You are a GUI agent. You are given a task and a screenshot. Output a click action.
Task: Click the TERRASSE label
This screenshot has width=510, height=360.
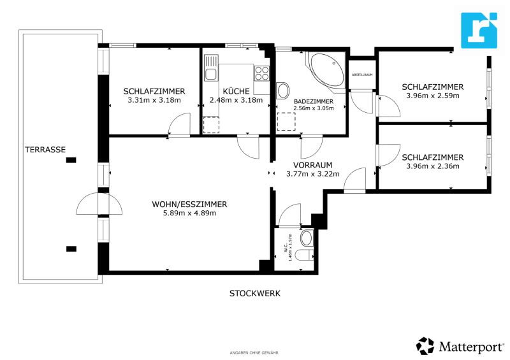coord(45,150)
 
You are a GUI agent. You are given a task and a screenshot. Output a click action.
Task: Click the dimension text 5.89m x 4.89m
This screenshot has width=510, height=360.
coord(189,213)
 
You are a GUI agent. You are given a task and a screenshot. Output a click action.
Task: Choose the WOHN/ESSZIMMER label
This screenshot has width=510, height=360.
coord(189,204)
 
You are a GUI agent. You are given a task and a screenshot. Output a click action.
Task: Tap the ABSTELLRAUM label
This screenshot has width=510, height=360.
coord(362,75)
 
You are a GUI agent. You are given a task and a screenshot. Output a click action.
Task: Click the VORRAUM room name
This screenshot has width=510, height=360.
coord(312,164)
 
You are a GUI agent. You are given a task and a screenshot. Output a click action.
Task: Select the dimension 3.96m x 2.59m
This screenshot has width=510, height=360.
coord(432,96)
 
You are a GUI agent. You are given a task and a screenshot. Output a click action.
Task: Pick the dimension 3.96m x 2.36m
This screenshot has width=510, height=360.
coord(432,166)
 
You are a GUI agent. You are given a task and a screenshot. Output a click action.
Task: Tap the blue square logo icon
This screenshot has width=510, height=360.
coord(479,30)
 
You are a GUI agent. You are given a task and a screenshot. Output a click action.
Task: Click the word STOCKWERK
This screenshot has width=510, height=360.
coord(255,294)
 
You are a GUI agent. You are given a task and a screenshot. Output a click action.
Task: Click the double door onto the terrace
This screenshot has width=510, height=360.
coord(99,205)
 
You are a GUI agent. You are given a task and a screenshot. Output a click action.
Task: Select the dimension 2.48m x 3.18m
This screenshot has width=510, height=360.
coord(236,100)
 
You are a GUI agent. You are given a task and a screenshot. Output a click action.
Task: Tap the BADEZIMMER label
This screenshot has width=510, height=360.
coord(312,101)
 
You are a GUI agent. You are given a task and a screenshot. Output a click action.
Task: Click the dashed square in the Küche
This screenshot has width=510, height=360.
coord(210,124)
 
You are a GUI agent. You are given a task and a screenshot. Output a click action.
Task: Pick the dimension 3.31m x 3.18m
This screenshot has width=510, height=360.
coord(154,100)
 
